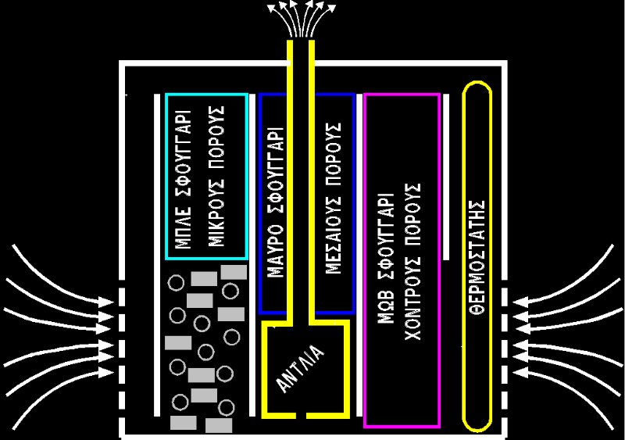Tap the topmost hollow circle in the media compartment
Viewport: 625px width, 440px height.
coord(177,281)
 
